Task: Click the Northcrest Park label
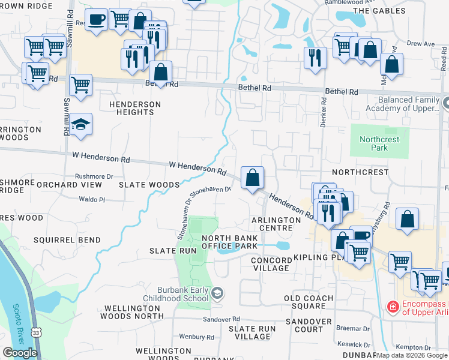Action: tap(379, 143)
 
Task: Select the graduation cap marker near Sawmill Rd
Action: tap(80, 125)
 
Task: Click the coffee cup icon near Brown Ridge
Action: tap(96, 20)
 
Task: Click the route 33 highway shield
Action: tap(37, 332)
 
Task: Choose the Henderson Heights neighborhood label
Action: tap(135, 108)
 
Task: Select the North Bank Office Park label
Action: tap(229, 242)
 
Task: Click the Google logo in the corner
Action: tap(20, 353)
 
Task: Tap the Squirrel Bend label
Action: tap(67, 240)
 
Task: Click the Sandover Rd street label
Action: tap(221, 319)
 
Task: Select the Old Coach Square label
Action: tap(309, 302)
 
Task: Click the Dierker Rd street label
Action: tap(323, 110)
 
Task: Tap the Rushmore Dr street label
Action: tap(94, 176)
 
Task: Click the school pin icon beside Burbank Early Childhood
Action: tap(217, 293)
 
